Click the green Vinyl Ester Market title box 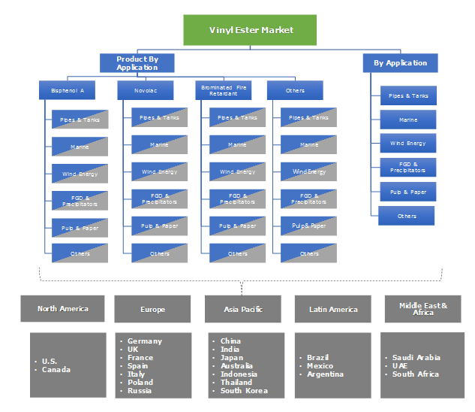tap(250, 30)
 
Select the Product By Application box tap(137, 63)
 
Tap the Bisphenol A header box tap(68, 90)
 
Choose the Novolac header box tap(146, 90)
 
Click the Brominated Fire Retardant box tap(222, 90)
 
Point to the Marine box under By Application tap(408, 120)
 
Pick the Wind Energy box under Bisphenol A tap(80, 174)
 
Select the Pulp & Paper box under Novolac tap(159, 226)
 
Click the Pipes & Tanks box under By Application tap(408, 95)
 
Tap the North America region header tap(62, 308)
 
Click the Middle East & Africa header tap(422, 308)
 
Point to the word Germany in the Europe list tap(144, 341)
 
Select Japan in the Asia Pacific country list tap(232, 358)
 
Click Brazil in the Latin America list tap(318, 358)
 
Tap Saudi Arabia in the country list tap(416, 358)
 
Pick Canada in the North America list tap(56, 369)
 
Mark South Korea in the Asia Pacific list tap(243, 391)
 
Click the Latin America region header tap(333, 309)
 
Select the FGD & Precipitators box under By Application tap(408, 167)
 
